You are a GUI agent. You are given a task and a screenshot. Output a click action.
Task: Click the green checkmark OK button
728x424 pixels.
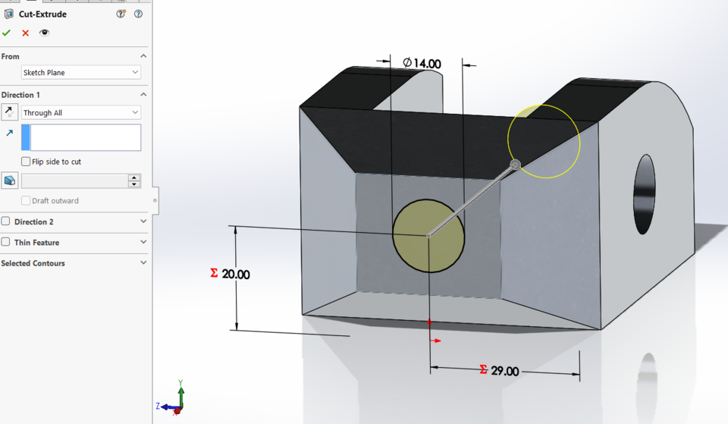7,33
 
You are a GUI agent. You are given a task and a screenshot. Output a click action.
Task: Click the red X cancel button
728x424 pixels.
26,33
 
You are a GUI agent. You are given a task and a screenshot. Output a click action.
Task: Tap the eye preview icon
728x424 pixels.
44,33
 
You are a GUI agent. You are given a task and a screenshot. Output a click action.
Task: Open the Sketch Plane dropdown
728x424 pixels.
81,73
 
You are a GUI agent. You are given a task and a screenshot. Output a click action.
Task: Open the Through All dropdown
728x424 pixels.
81,113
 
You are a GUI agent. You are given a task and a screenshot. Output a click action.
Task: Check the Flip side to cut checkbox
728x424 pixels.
27,162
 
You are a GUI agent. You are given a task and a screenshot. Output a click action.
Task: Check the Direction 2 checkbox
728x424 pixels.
6,221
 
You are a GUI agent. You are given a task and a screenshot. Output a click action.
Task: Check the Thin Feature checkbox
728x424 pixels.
6,242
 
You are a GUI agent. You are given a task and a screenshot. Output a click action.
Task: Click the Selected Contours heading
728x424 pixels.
33,263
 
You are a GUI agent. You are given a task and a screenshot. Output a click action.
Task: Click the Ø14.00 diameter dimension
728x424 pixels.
422,64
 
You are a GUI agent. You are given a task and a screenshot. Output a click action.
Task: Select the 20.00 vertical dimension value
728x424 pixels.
236,275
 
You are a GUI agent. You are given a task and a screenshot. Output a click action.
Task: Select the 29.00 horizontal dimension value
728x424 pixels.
505,371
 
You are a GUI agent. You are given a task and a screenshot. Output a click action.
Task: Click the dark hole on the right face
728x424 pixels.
644,194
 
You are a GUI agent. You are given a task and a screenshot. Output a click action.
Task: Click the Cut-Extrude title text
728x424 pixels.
44,14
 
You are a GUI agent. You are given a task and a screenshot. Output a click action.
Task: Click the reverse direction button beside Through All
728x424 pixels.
9,112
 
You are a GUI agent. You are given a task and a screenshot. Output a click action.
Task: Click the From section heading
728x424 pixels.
11,56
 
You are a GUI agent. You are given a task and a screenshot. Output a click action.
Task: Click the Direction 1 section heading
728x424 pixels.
21,95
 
